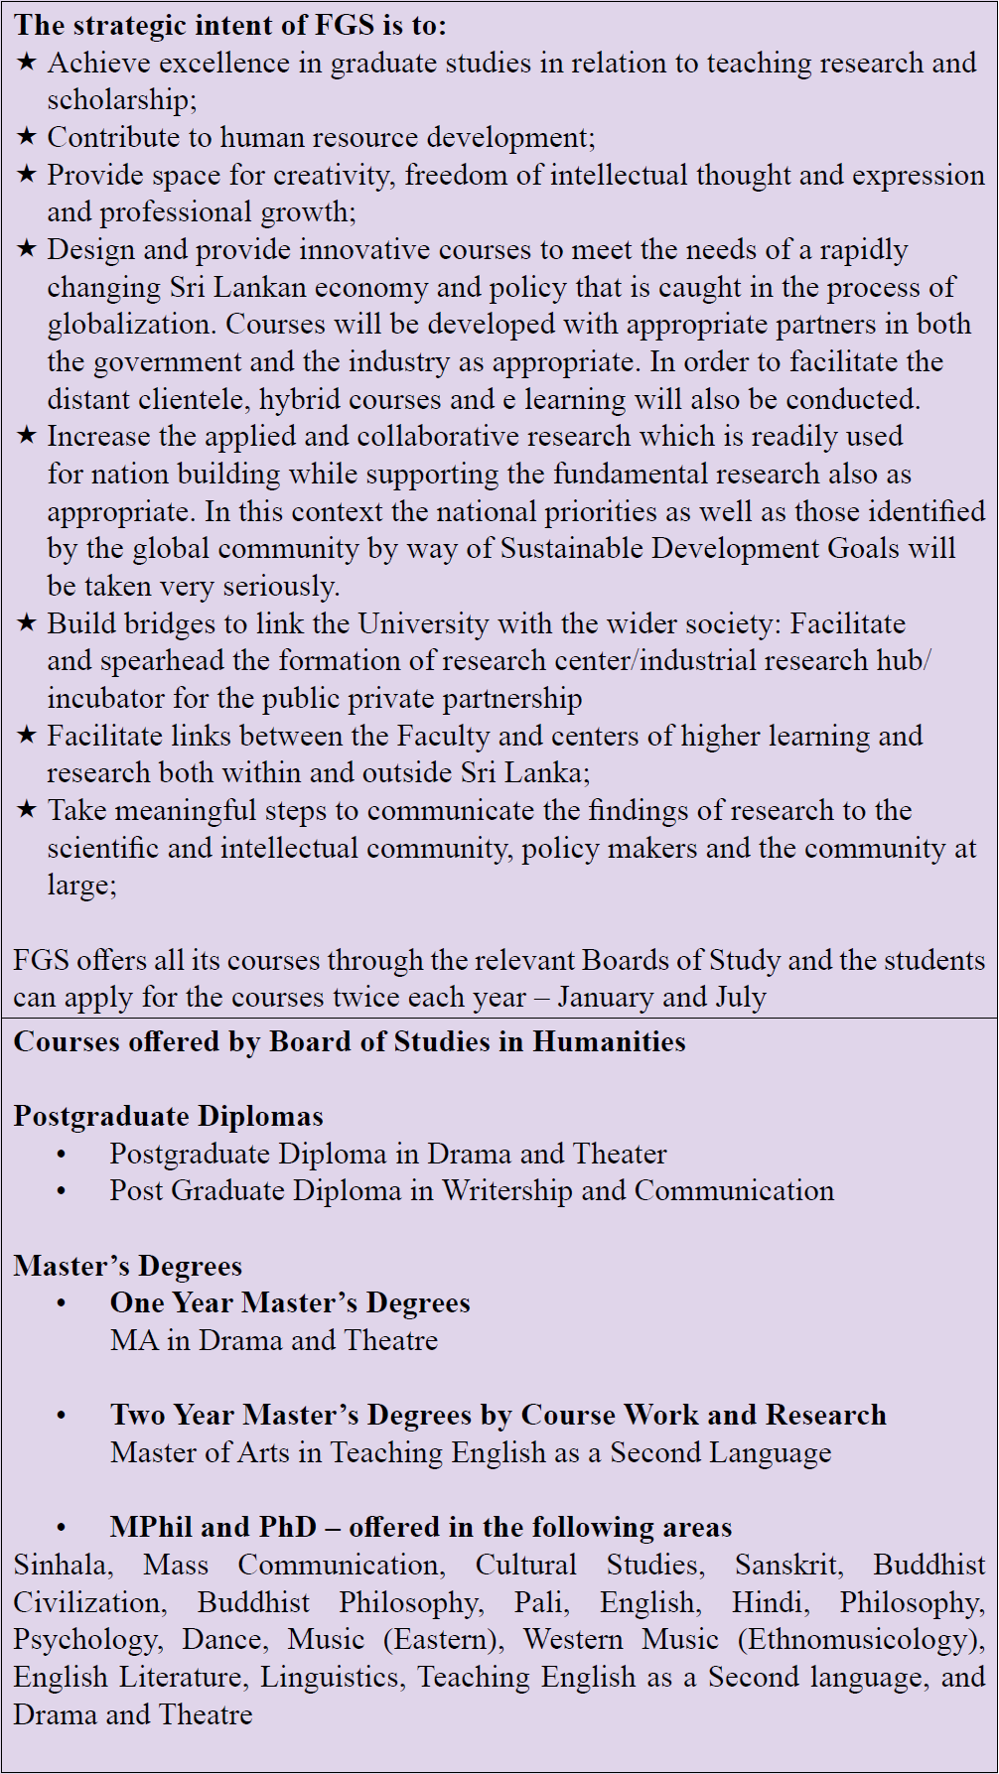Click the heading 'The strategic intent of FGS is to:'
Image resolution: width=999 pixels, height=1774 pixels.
[230, 25]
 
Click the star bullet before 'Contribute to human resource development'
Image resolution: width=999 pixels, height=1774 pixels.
[27, 137]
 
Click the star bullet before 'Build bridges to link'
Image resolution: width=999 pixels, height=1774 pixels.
[27, 623]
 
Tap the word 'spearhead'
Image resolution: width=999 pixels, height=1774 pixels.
[163, 661]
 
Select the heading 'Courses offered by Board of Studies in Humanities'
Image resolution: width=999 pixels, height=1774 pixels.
[349, 1041]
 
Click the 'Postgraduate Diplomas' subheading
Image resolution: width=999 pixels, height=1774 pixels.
[168, 1116]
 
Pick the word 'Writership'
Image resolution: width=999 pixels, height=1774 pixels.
[506, 1190]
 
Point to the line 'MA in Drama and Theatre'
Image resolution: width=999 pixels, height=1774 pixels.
[274, 1340]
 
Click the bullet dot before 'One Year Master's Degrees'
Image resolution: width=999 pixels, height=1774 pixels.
[62, 1303]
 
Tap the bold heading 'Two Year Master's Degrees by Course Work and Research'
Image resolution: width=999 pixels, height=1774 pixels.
[498, 1415]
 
